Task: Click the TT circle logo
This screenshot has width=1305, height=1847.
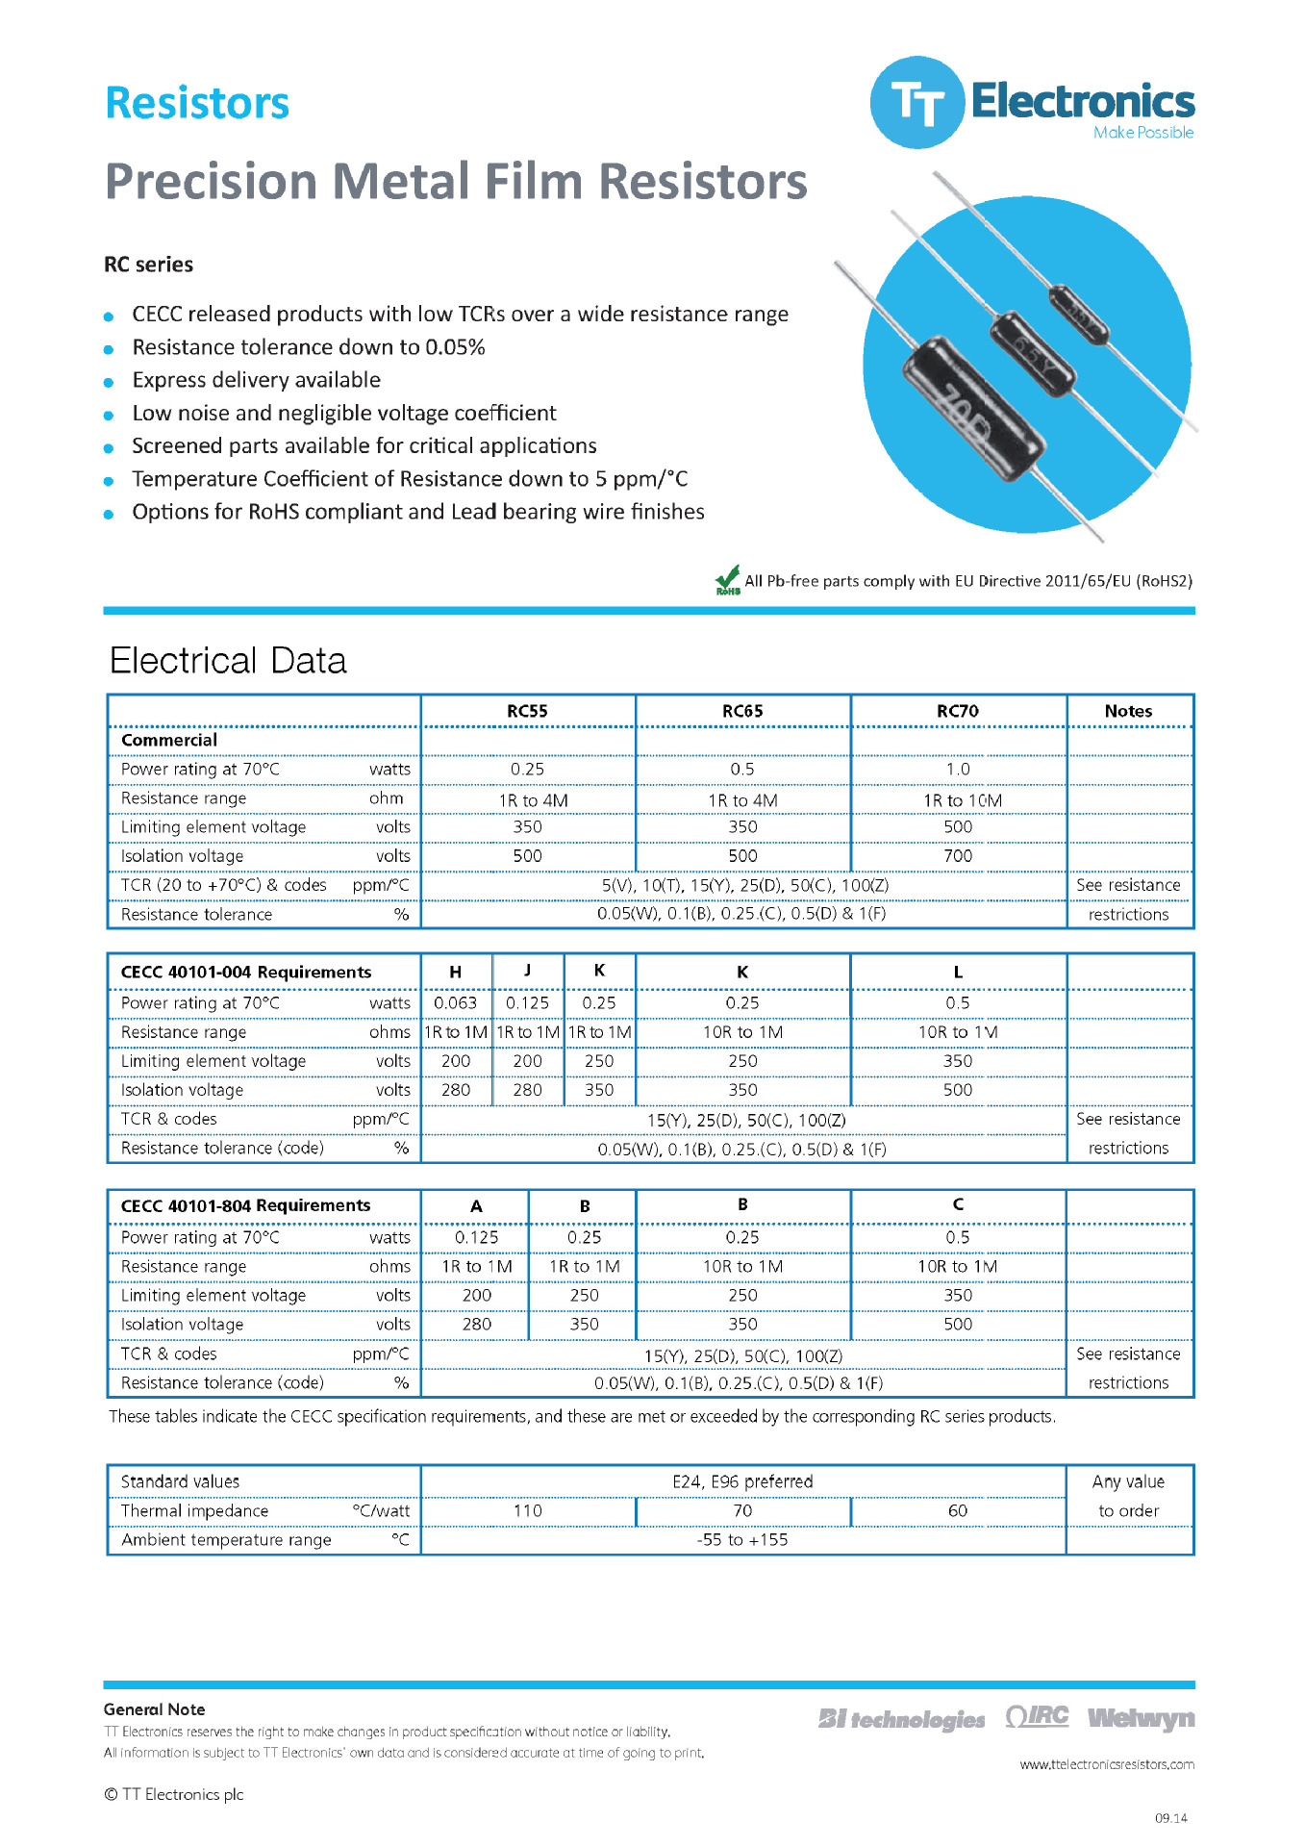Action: click(916, 102)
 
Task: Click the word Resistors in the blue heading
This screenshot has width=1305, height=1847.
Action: click(197, 103)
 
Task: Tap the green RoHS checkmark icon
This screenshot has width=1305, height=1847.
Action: click(728, 579)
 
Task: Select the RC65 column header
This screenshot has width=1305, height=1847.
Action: click(742, 711)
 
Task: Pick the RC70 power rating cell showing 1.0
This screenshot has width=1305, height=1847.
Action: click(958, 769)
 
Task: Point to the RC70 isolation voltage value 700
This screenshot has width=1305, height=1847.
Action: click(958, 855)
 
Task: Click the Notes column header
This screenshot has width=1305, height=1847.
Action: click(1128, 711)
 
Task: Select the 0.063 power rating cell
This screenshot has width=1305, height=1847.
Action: click(456, 1002)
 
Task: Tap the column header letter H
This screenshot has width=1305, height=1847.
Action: click(456, 972)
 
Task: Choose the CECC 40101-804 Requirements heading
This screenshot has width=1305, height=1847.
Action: click(245, 1205)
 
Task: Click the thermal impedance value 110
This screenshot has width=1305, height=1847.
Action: click(528, 1510)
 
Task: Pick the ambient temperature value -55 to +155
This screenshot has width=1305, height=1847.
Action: click(742, 1539)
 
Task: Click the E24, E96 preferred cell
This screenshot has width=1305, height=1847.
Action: click(742, 1481)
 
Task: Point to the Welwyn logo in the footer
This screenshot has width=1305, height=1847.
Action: click(1141, 1717)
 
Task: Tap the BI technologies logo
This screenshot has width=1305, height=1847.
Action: click(901, 1719)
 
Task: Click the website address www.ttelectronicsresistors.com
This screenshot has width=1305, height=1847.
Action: click(1107, 1764)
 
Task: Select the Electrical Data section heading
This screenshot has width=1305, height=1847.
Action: click(228, 661)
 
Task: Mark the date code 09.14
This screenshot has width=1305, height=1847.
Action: click(1170, 1818)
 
